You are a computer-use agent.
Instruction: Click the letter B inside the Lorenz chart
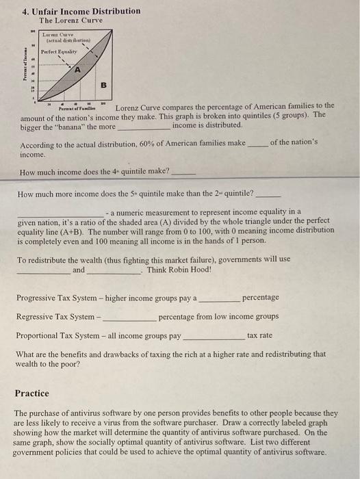[x=103, y=86]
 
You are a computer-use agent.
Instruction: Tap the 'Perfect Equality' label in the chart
[x=57, y=51]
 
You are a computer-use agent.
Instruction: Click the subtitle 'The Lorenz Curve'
[x=70, y=21]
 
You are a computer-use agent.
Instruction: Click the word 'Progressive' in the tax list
[x=40, y=298]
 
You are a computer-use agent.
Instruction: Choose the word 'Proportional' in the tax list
[x=41, y=336]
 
